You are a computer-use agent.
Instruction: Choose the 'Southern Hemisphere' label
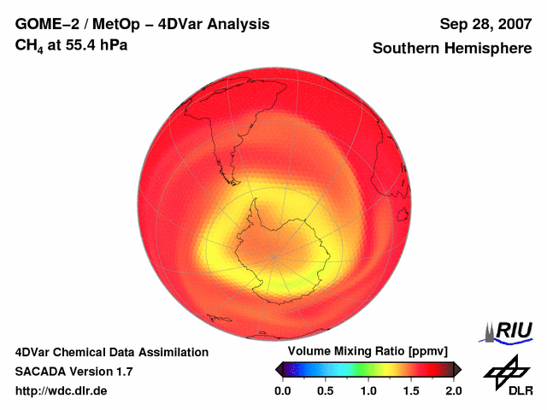tap(451, 49)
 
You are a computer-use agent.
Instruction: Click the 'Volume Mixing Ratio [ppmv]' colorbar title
tap(368, 351)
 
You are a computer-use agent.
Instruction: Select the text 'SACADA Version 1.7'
tap(74, 372)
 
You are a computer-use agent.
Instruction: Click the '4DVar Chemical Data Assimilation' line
tap(111, 352)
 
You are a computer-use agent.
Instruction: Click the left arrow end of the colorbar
tap(279, 369)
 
